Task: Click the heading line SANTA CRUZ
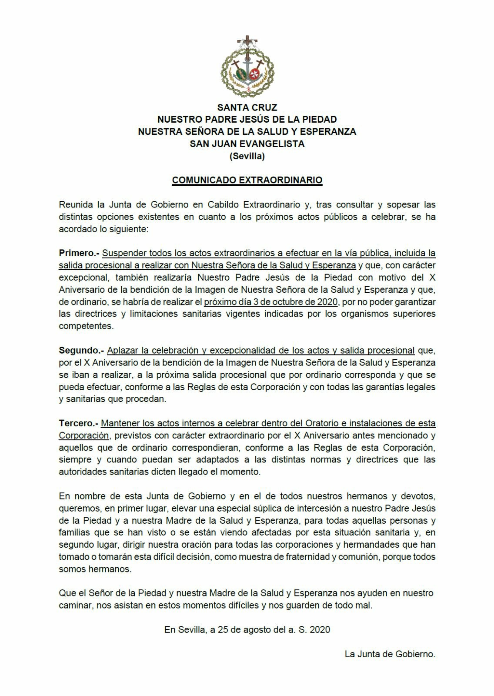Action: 247,107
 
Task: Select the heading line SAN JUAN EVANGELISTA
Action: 247,144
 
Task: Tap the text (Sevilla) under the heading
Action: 247,156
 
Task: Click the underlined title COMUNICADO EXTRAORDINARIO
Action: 247,180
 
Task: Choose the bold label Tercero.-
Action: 78,423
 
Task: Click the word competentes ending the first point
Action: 86,326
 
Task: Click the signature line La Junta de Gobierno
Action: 390,654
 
